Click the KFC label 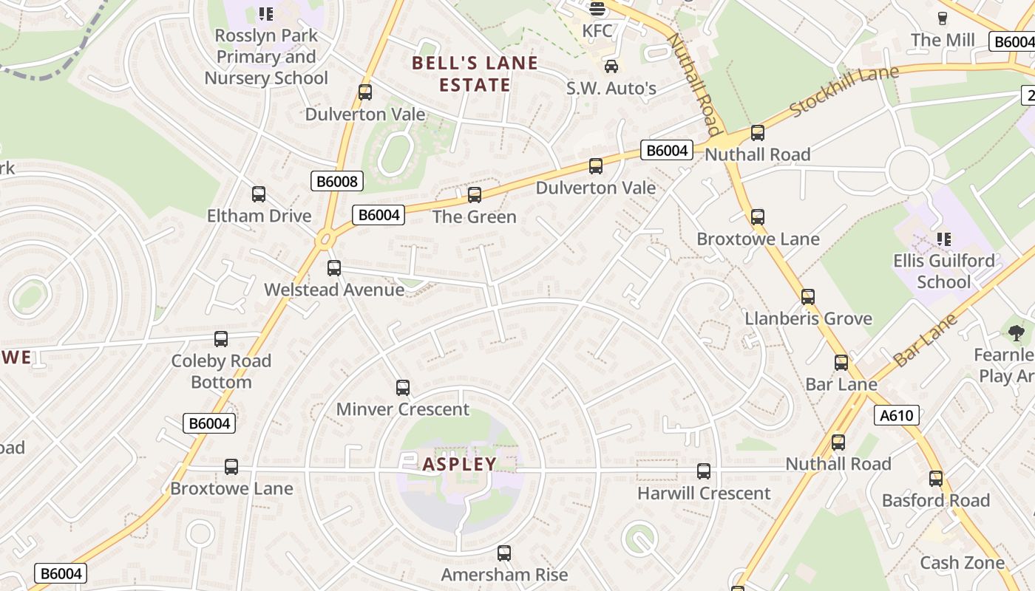pyautogui.click(x=597, y=31)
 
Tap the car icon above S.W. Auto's pyautogui.click(x=611, y=67)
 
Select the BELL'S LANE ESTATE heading pyautogui.click(x=475, y=74)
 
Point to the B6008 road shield pyautogui.click(x=336, y=181)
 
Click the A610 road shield pyautogui.click(x=897, y=416)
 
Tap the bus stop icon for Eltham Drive pyautogui.click(x=259, y=194)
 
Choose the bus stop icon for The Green pyautogui.click(x=475, y=195)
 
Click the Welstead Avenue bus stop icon pyautogui.click(x=334, y=268)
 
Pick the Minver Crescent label pyautogui.click(x=403, y=409)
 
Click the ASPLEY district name pyautogui.click(x=460, y=465)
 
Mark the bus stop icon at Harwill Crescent pyautogui.click(x=704, y=471)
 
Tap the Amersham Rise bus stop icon pyautogui.click(x=504, y=553)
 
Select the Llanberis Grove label pyautogui.click(x=808, y=319)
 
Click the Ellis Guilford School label pyautogui.click(x=943, y=271)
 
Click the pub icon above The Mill pyautogui.click(x=943, y=18)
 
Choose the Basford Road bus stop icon pyautogui.click(x=936, y=479)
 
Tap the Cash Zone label pyautogui.click(x=962, y=563)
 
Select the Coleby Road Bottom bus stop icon pyautogui.click(x=221, y=339)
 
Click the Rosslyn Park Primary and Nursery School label pyautogui.click(x=266, y=57)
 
